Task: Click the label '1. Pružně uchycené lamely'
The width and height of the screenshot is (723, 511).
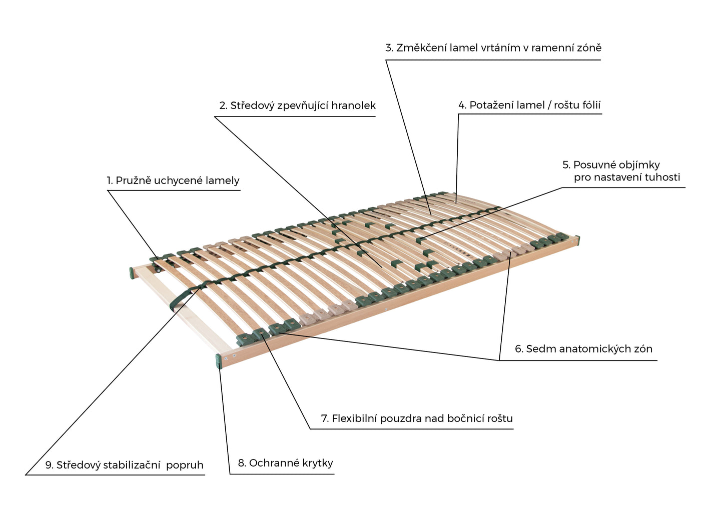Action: [173, 180]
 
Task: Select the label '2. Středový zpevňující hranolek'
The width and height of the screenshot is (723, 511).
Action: [297, 105]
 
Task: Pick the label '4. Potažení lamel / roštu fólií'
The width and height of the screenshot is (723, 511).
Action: [529, 105]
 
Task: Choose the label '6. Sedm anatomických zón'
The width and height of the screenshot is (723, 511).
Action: [583, 349]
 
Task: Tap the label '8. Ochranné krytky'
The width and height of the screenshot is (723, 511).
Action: [285, 463]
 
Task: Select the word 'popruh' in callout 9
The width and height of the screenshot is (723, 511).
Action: [185, 465]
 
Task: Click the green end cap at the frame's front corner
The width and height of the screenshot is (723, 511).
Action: [219, 361]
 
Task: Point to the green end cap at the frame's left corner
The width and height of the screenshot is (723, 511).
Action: [132, 273]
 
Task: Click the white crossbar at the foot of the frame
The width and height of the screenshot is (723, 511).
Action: [180, 310]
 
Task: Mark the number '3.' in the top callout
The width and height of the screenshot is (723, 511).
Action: [389, 48]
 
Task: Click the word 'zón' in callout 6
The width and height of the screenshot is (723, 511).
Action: [643, 349]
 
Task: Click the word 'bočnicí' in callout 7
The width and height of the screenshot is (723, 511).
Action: [465, 418]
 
